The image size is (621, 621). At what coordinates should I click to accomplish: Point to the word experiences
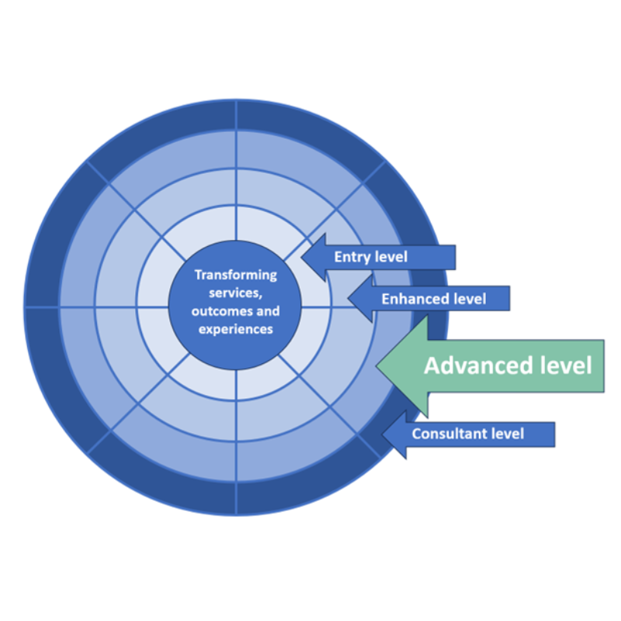pyautogui.click(x=235, y=329)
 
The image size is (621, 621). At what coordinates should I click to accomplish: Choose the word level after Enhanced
pyautogui.click(x=470, y=298)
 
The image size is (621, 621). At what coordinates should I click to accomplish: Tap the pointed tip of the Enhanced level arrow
pyautogui.click(x=349, y=298)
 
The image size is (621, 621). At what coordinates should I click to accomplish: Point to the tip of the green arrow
pyautogui.click(x=376, y=365)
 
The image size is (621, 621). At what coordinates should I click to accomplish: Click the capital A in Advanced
pyautogui.click(x=432, y=366)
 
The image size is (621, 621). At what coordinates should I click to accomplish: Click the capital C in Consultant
pyautogui.click(x=416, y=433)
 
